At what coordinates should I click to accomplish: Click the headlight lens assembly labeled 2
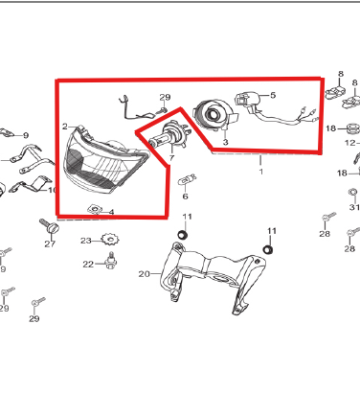coord(105,161)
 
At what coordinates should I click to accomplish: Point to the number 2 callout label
coord(65,127)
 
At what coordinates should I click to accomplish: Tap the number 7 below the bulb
coord(171,157)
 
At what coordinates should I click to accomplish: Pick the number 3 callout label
coord(226,142)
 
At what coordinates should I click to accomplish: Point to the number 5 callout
coord(273,95)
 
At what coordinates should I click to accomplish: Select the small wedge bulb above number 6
coord(187,180)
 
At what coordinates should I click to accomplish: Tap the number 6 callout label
coord(185,196)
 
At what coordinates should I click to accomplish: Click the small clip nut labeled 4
coord(95,209)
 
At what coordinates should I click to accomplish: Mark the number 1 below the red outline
coord(261,172)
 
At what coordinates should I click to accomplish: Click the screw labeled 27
coord(50,226)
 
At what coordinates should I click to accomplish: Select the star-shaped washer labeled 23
coord(110,239)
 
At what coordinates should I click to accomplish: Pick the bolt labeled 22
coord(110,261)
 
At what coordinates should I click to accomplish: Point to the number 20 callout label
coord(144,274)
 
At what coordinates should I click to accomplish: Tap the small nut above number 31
coord(353,193)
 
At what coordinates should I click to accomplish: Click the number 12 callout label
coord(350,143)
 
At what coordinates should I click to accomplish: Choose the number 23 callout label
coord(86,241)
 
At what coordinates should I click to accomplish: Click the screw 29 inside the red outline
coord(162,110)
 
